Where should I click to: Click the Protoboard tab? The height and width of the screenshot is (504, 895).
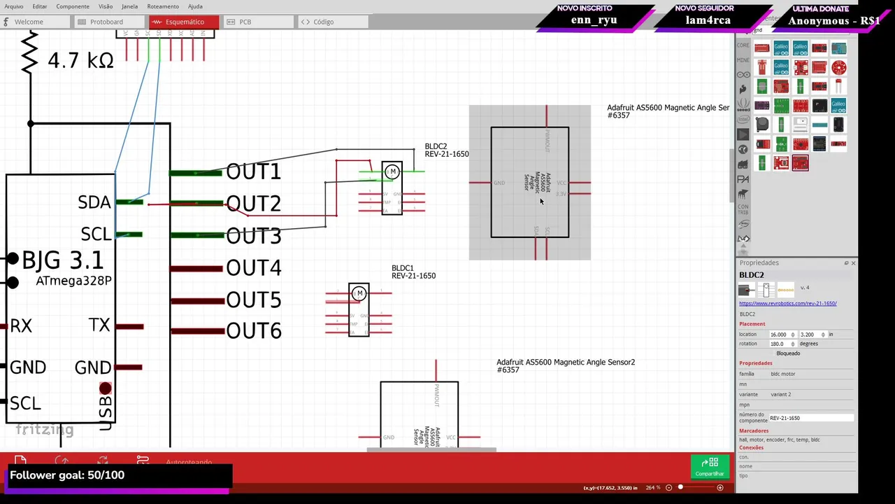pos(106,22)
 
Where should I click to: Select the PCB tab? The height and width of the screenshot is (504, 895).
pos(245,22)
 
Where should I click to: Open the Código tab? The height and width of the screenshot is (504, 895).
pos(323,22)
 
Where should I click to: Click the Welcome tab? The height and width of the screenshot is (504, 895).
pos(29,22)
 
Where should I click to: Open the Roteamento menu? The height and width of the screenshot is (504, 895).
pos(163,6)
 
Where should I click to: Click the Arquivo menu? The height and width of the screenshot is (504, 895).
pos(14,6)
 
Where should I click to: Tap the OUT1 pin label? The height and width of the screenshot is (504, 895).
pos(253,171)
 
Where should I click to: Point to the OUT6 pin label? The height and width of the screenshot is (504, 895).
pos(253,331)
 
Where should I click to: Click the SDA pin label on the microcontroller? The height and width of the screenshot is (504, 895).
pos(94,202)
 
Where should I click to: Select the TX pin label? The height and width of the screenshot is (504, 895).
pos(99,325)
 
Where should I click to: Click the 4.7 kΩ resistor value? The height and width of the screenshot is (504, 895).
pos(80,61)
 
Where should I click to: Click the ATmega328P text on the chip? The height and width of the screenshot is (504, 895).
pos(73,281)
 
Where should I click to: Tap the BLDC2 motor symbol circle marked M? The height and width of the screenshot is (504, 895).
pos(393,171)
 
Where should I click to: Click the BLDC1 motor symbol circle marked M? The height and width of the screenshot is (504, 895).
pos(359,293)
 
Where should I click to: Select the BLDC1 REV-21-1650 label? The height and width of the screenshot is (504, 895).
pos(413,272)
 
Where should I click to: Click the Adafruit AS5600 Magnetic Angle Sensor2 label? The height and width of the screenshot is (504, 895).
pos(565,365)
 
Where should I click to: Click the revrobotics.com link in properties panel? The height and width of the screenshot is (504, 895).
pos(787,303)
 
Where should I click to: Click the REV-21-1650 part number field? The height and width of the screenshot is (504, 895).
pos(810,418)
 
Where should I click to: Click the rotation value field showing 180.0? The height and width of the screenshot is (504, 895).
pos(778,344)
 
